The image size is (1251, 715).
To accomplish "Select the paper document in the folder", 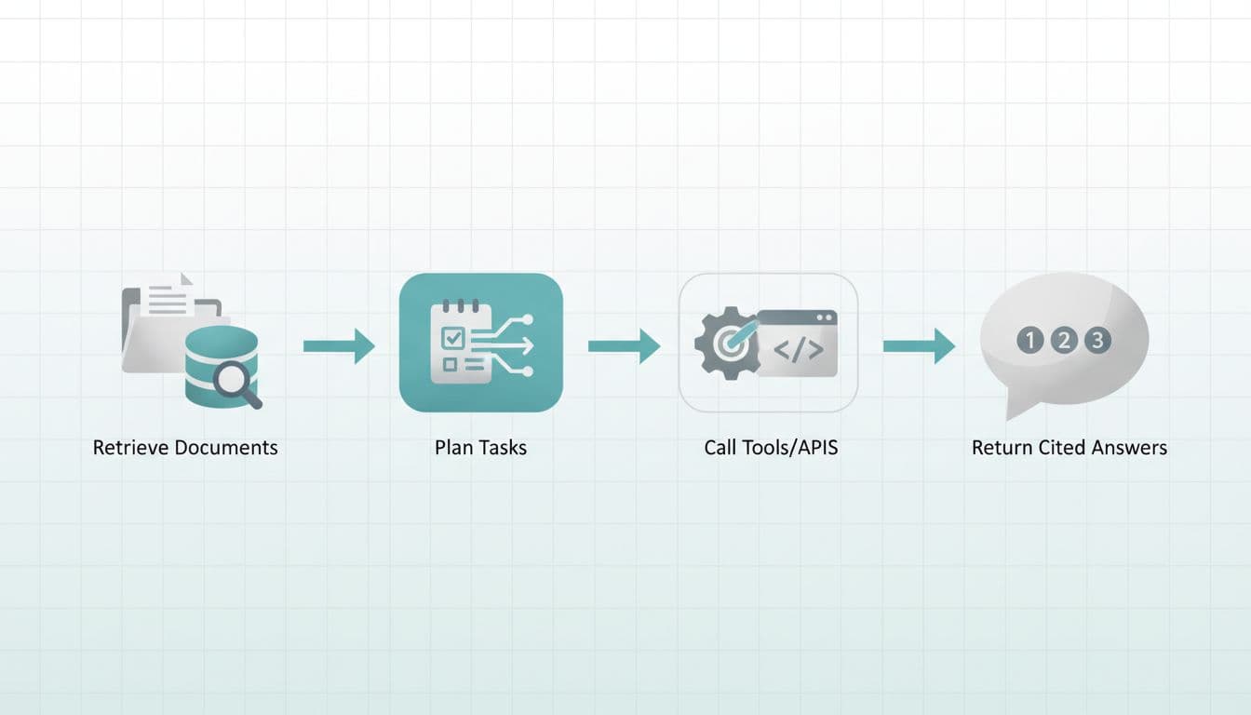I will click(168, 296).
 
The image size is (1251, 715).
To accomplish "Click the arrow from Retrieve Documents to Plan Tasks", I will click(339, 346).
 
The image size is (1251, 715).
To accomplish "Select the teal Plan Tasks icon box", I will click(480, 343).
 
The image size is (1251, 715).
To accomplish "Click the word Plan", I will click(452, 448).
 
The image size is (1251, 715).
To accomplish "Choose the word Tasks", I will click(503, 448).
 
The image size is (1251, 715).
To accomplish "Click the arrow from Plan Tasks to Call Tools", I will click(624, 346).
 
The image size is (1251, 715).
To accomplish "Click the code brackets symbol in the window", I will click(799, 350).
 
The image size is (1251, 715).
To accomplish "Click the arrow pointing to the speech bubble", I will click(919, 346).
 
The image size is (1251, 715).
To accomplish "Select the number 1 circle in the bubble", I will click(1029, 340).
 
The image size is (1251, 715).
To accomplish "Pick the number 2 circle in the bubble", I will click(1063, 340).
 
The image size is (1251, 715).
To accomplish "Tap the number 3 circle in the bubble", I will click(1097, 340).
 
